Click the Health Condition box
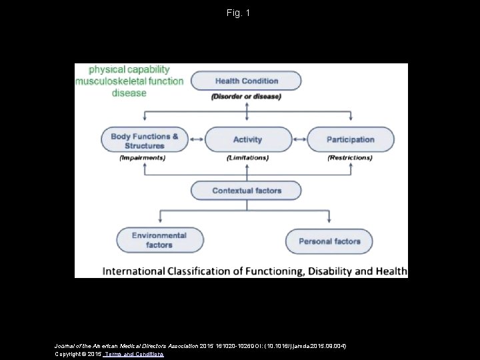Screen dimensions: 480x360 (x=246, y=81)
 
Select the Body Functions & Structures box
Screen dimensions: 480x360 (x=145, y=140)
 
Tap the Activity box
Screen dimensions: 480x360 (x=247, y=140)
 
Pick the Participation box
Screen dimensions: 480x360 (x=350, y=140)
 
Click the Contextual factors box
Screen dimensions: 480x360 (x=247, y=191)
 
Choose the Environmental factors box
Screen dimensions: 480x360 (x=159, y=240)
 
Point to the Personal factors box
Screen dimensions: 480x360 (x=329, y=241)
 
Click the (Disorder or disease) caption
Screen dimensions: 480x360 (x=246, y=97)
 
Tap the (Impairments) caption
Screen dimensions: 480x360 (x=143, y=158)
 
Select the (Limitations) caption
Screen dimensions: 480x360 (x=247, y=158)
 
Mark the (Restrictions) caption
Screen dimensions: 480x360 (x=350, y=158)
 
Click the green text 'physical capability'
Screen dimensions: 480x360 (x=129, y=69)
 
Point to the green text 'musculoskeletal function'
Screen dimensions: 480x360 (x=129, y=81)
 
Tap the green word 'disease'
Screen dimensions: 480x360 (x=129, y=93)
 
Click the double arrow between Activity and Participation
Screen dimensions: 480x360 (x=299, y=140)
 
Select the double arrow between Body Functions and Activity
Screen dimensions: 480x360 (x=196, y=140)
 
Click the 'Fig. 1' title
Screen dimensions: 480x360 (x=239, y=13)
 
